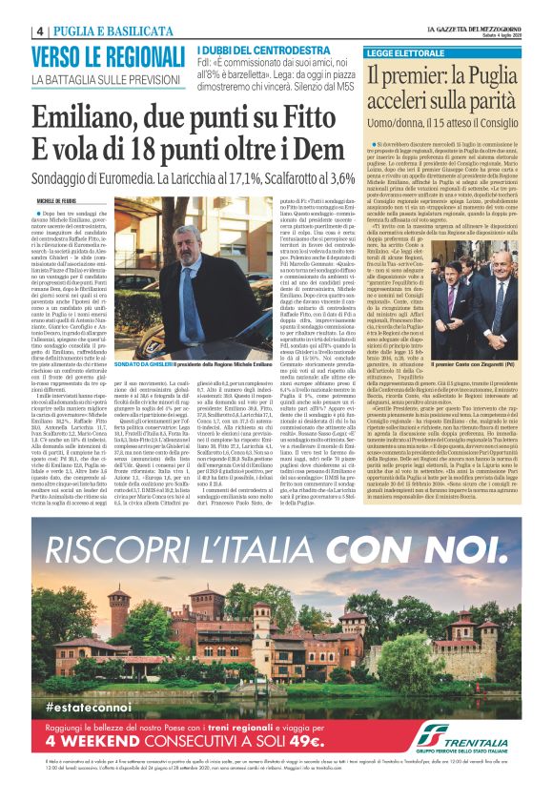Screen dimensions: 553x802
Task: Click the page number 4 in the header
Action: [42, 31]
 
